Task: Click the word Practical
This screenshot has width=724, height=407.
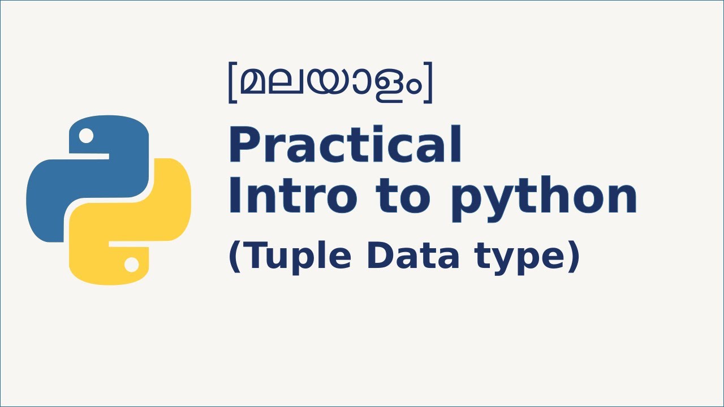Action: coord(344,146)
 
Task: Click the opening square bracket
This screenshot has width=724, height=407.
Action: coord(231,84)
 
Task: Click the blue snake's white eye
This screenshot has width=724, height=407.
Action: coord(86,136)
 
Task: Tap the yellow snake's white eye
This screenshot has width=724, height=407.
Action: coord(131,264)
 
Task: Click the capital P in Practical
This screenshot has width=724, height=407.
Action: coord(243,146)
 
